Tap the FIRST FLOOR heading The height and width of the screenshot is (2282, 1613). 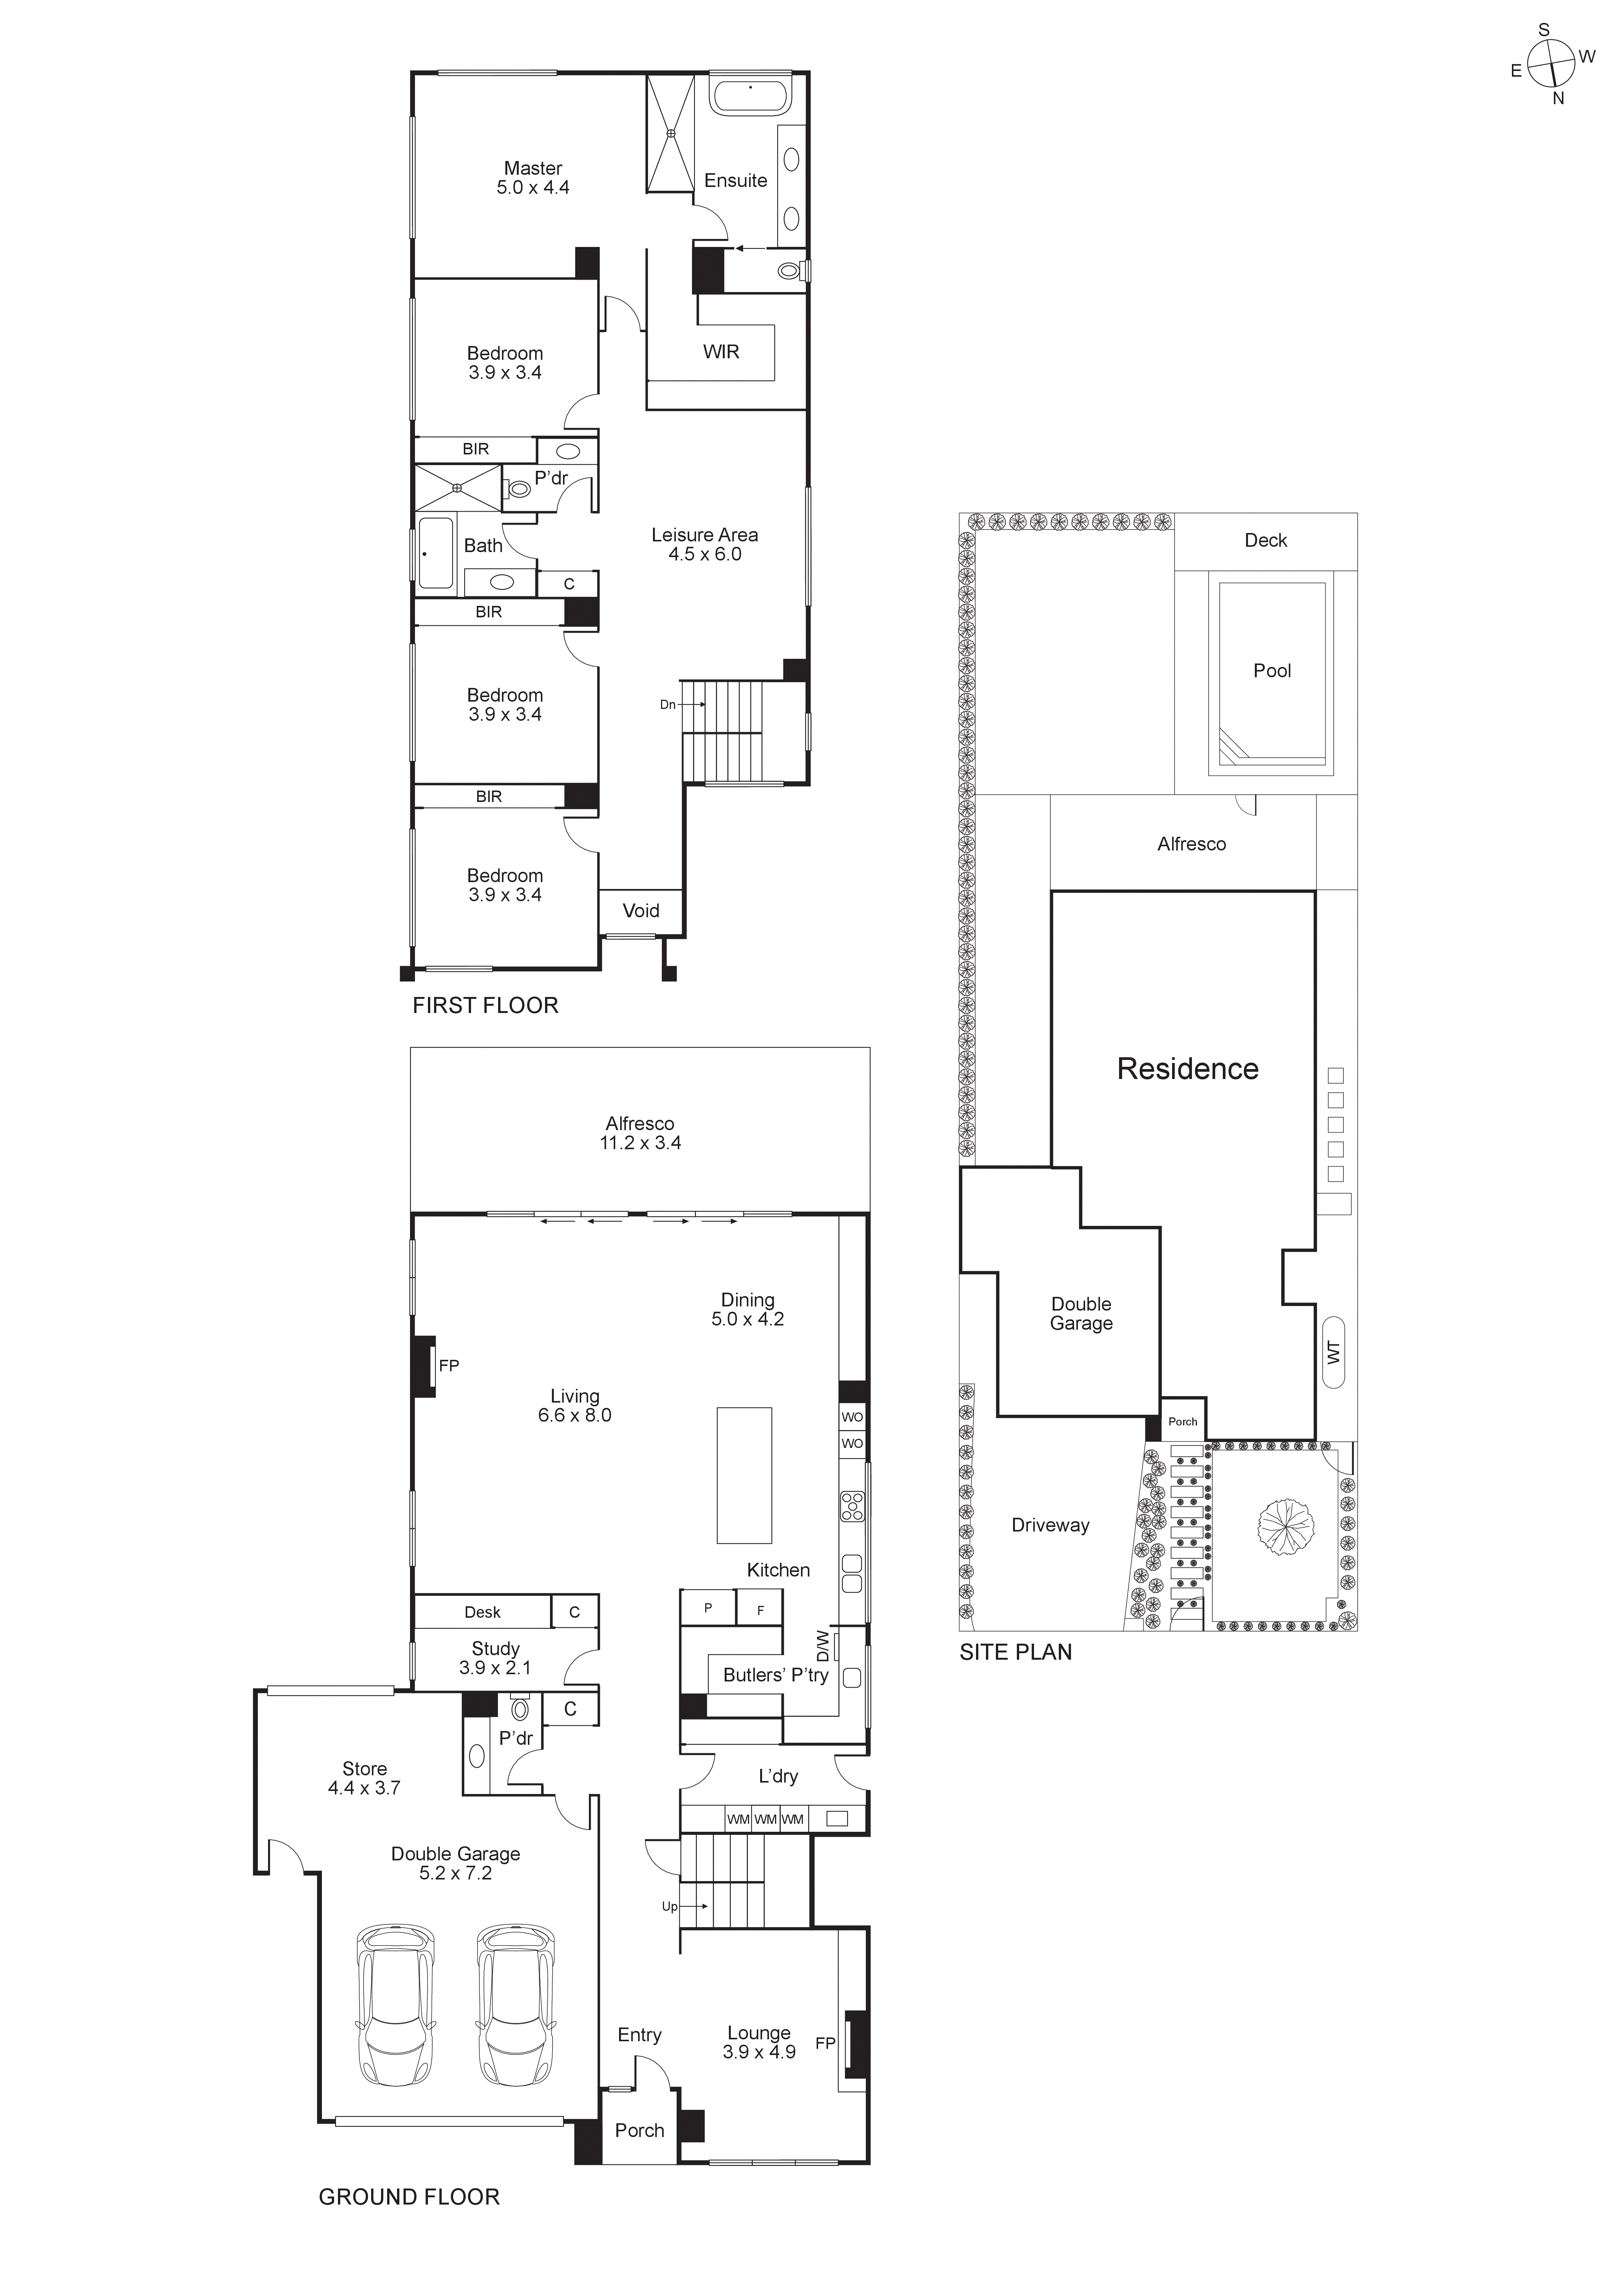(x=485, y=1006)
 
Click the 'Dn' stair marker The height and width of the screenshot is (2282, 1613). (x=668, y=705)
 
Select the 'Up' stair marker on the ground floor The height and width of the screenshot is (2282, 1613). (x=670, y=1906)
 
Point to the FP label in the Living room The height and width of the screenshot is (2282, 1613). (x=449, y=1366)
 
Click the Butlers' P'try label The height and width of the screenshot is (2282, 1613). (x=775, y=1675)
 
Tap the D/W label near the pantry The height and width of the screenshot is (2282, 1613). (x=822, y=1645)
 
